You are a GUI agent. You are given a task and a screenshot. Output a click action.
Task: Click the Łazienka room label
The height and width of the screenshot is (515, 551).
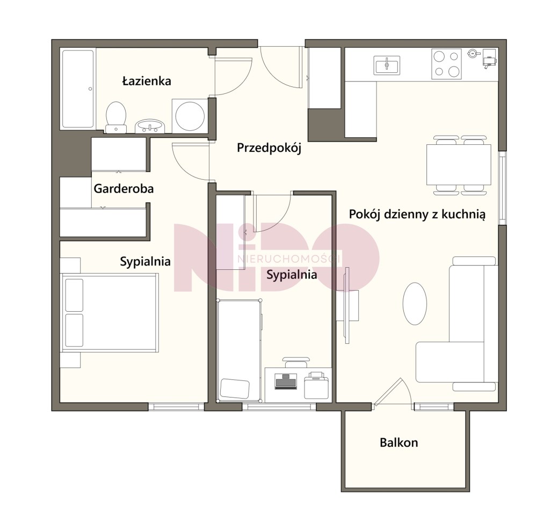[x=147, y=81]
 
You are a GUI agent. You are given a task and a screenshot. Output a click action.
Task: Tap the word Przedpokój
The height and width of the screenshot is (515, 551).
[x=269, y=148]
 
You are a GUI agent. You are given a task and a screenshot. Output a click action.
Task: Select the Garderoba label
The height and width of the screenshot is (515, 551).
[x=124, y=189]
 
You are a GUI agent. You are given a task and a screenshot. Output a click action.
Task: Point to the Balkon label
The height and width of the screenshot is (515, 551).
[x=399, y=443]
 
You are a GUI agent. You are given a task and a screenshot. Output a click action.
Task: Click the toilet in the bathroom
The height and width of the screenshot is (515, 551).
[x=116, y=117]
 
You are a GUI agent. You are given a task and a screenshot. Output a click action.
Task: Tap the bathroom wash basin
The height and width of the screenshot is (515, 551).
[x=150, y=126]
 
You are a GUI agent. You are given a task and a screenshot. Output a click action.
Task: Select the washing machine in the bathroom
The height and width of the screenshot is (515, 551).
[x=190, y=116]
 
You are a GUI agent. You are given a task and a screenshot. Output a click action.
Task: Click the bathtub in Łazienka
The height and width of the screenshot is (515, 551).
[x=78, y=89]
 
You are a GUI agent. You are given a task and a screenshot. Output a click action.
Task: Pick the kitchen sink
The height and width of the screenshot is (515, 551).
[x=386, y=65]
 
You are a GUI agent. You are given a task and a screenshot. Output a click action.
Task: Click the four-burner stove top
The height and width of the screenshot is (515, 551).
[x=446, y=64]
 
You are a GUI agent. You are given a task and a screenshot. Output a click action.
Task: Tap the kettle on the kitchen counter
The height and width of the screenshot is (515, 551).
[x=473, y=53]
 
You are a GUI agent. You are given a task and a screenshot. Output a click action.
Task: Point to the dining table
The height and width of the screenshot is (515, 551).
[x=459, y=165]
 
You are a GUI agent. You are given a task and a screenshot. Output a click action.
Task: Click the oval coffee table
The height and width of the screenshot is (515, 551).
[x=415, y=304]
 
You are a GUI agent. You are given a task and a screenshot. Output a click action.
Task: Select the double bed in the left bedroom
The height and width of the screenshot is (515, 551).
[x=109, y=312]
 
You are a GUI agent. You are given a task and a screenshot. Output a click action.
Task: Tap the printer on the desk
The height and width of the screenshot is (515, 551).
[x=316, y=385]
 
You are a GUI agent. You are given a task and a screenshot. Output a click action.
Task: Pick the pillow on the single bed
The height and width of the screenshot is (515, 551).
[x=235, y=388]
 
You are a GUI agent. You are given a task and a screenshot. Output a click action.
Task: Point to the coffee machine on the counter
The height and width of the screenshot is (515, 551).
[x=489, y=59]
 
